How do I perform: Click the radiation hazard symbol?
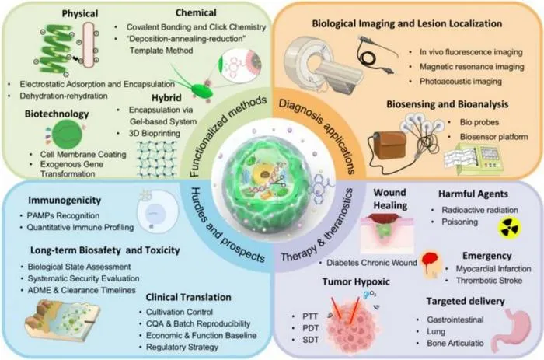509,228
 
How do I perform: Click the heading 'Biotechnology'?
57,114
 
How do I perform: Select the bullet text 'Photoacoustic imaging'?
461,82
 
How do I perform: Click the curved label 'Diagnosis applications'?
317,136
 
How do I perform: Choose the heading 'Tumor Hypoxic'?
356,281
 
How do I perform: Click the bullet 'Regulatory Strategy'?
182,347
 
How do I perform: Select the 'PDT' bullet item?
311,328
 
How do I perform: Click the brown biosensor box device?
391,145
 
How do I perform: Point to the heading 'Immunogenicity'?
65,201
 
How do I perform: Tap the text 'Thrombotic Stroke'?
489,280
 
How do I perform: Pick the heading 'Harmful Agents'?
473,194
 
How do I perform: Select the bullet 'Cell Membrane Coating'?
83,155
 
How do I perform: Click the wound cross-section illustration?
387,233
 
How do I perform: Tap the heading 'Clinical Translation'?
188,298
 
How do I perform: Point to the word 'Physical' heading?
80,14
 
